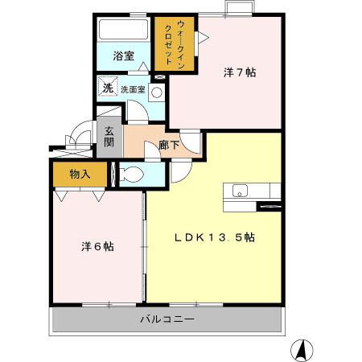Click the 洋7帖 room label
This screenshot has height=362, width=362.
tap(239, 72)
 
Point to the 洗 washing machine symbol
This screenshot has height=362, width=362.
tap(107, 88)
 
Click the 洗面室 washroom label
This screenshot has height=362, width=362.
tap(133, 89)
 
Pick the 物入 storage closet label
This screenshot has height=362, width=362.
tap(79, 173)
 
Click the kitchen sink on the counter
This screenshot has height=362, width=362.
tap(240, 191)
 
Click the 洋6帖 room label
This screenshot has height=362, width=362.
tap(97, 246)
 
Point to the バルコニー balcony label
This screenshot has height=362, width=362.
tap(167, 319)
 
